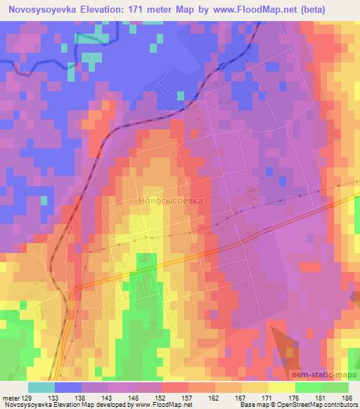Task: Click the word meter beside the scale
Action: pos(11,397)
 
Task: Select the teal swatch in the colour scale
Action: pos(41,387)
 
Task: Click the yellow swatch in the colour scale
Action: pos(281,387)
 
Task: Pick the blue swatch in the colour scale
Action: pos(67,387)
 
